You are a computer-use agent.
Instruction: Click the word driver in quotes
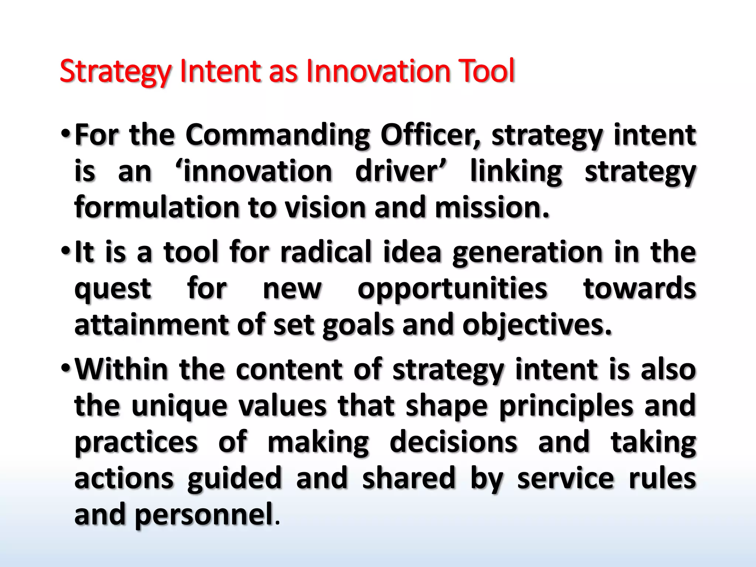(400, 172)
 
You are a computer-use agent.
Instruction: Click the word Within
(121, 369)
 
